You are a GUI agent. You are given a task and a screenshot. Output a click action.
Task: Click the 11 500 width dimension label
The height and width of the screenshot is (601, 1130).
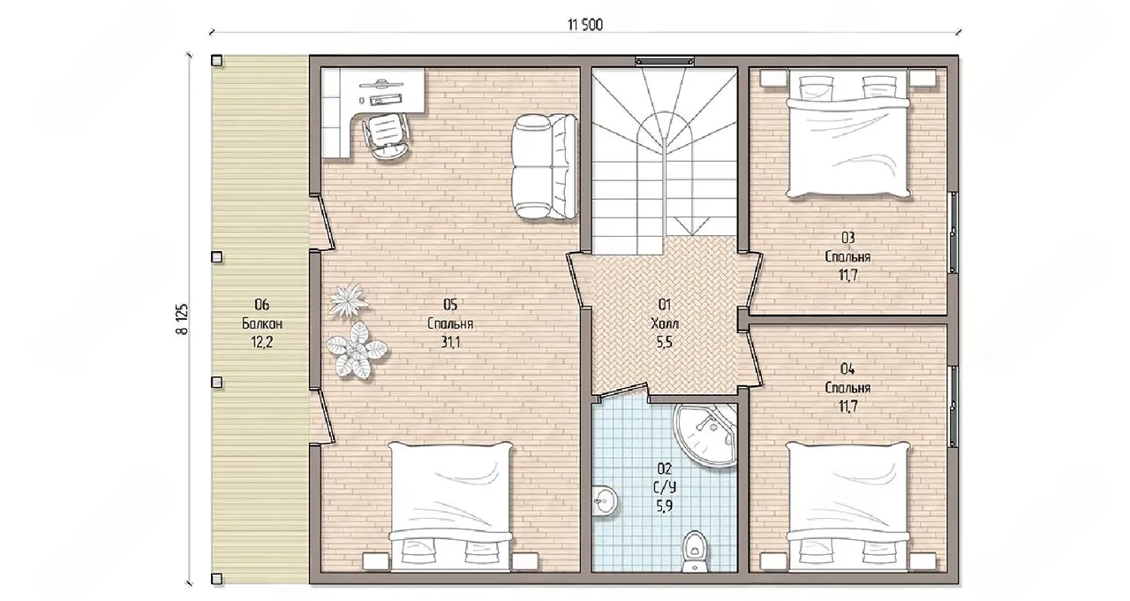pos(584,25)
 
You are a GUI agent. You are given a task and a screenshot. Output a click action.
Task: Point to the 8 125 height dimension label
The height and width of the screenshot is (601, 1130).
pos(182,319)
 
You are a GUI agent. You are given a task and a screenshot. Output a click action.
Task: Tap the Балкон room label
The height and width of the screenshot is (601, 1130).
pos(262,323)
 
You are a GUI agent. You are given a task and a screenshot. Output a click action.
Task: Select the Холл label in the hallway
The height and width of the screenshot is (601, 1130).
pos(665,323)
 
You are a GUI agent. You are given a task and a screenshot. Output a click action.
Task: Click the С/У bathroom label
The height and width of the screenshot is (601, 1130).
pos(665,487)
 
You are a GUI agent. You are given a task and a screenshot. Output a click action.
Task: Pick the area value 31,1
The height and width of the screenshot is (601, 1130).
pos(450,342)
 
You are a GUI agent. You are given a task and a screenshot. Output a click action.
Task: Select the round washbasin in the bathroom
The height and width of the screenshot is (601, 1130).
pos(604,501)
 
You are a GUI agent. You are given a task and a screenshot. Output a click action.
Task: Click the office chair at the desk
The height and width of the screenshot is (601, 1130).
pos(386,136)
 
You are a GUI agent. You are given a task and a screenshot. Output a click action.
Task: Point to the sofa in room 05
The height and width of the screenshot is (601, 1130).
pos(545,167)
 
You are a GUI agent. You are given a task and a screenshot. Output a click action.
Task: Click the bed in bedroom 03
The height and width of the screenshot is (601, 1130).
pos(848,133)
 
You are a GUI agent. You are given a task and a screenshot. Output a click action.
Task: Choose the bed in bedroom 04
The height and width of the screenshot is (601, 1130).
pos(848,506)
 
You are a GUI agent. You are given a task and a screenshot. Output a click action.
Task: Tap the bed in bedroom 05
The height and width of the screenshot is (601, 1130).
pos(450,506)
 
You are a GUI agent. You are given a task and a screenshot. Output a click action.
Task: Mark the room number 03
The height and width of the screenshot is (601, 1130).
pos(847,237)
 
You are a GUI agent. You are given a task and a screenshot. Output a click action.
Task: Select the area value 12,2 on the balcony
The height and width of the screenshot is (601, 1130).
pos(262,342)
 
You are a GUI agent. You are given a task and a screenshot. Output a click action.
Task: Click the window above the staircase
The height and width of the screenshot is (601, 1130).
pos(665,61)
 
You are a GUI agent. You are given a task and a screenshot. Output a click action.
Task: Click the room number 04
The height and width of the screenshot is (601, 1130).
pos(847,369)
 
